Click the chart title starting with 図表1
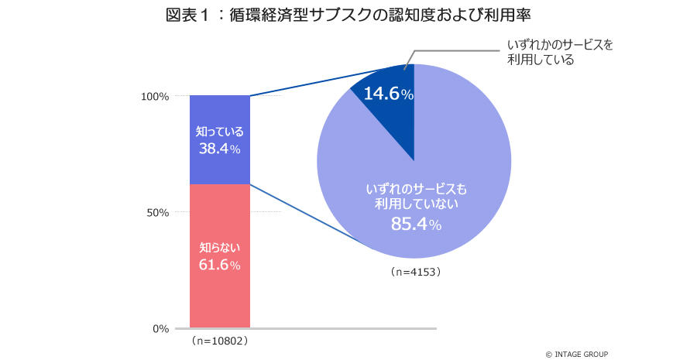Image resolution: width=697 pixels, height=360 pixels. [348, 15]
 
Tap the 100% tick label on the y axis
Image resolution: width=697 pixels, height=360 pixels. [155, 97]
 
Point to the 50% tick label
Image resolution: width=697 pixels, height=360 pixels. [157, 213]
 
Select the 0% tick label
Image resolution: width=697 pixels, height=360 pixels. [160, 329]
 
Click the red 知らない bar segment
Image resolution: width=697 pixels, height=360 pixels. [220, 294]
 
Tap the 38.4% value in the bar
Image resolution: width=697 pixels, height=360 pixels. [220, 147]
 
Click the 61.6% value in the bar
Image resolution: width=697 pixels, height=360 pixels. [220, 265]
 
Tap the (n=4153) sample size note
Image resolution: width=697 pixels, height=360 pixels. [415, 273]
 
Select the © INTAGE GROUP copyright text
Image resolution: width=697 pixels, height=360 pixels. [577, 354]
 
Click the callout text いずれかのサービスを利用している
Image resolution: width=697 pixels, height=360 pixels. [560, 52]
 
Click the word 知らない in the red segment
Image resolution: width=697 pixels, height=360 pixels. [220, 249]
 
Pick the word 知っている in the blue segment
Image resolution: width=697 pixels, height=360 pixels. [220, 131]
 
